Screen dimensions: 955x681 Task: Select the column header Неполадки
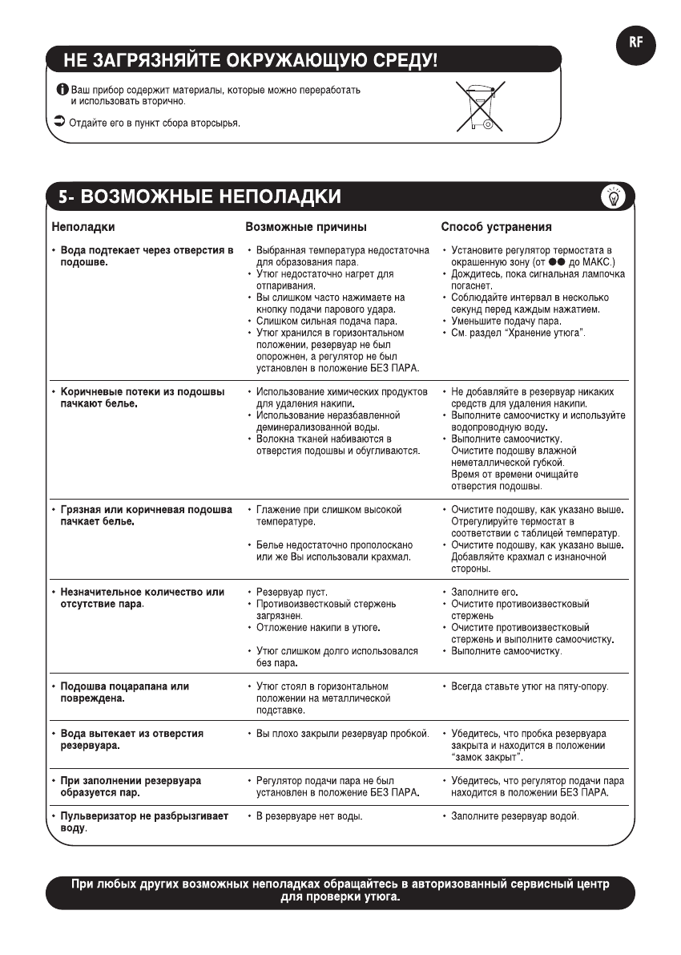pos(83,227)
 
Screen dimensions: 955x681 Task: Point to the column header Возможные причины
pos(306,227)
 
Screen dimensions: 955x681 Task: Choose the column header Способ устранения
pos(496,227)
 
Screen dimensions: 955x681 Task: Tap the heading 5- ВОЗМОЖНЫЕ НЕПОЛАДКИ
pos(199,197)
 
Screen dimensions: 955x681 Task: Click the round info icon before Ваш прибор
pos(63,89)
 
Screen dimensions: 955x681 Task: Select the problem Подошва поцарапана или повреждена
pos(125,692)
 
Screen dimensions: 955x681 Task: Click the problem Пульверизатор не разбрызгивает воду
pos(144,822)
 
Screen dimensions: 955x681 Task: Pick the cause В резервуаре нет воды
pos(309,816)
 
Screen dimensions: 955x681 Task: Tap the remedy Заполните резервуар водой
pos(514,816)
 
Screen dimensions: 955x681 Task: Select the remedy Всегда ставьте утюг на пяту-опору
pos(529,686)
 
